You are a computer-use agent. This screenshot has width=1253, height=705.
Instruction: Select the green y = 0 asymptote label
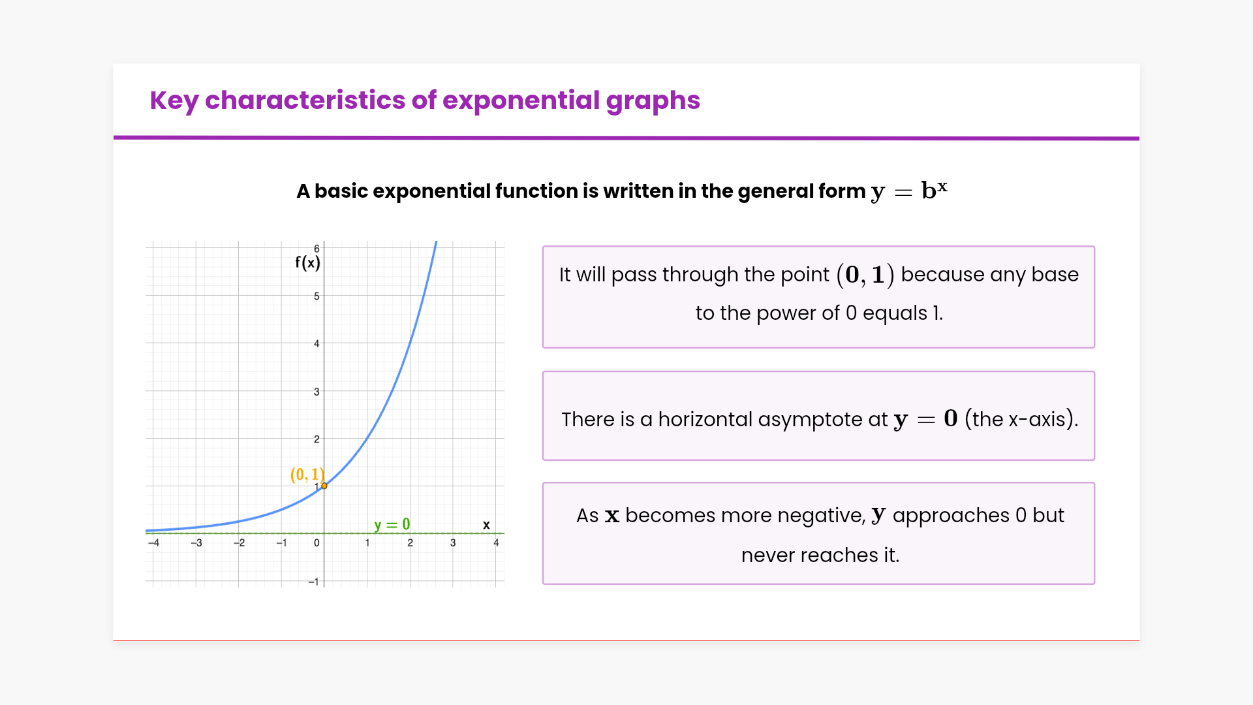point(392,525)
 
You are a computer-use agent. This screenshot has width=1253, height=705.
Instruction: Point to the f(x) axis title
point(307,262)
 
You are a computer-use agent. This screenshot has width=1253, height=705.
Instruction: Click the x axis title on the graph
point(486,525)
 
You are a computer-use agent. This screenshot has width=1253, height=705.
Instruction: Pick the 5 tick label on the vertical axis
point(317,296)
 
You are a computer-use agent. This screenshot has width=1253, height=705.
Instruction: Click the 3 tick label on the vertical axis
point(317,392)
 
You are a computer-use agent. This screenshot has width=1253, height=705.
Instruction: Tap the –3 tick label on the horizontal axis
point(196,543)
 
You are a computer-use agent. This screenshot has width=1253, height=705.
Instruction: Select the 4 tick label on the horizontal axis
point(496,543)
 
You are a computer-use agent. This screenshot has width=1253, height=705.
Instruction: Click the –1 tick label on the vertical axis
point(313,582)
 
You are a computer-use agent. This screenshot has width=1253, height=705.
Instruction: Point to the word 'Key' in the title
point(174,101)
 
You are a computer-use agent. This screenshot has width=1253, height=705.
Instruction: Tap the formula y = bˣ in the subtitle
point(909,190)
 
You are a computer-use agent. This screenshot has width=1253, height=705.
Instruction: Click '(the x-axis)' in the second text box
point(1021,419)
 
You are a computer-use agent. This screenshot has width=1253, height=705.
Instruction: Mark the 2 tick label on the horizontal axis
point(410,543)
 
